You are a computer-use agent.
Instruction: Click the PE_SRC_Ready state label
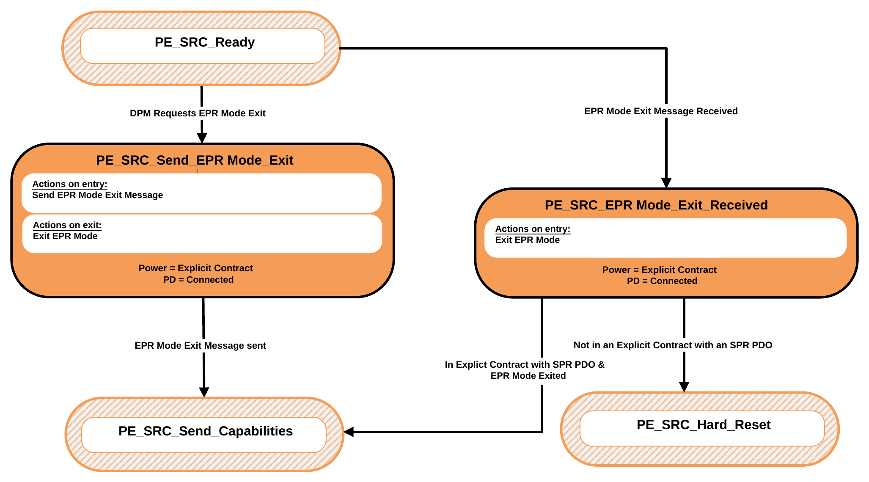[x=205, y=42]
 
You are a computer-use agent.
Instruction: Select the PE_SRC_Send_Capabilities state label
[x=206, y=431]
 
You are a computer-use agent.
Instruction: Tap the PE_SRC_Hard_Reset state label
[x=704, y=425]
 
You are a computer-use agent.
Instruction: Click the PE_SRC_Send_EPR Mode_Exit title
[x=195, y=160]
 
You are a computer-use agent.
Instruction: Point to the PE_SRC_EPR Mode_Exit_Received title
[x=656, y=205]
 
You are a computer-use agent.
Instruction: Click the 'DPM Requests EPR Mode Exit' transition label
[x=198, y=113]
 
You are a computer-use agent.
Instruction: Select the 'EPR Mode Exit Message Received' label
[x=661, y=111]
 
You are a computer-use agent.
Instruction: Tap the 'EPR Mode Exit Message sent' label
[x=200, y=346]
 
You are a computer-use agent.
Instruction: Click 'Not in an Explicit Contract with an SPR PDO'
[x=673, y=345]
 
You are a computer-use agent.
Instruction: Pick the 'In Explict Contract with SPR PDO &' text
[x=525, y=365]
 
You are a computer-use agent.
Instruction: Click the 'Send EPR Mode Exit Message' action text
[x=98, y=195]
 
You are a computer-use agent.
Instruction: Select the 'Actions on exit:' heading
[x=67, y=225]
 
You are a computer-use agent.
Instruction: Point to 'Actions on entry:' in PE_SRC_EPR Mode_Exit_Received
[x=533, y=229]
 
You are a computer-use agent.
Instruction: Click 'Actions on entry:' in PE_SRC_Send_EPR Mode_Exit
[x=70, y=184]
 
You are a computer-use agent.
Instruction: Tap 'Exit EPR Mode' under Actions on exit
[x=65, y=236]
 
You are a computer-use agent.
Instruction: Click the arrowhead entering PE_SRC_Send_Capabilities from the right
[x=349, y=432]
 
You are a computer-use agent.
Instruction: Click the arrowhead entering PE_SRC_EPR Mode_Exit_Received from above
[x=666, y=183]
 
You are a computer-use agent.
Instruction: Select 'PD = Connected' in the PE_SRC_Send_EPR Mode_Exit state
[x=198, y=280]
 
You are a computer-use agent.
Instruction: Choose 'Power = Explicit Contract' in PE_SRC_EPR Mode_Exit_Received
[x=659, y=270]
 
